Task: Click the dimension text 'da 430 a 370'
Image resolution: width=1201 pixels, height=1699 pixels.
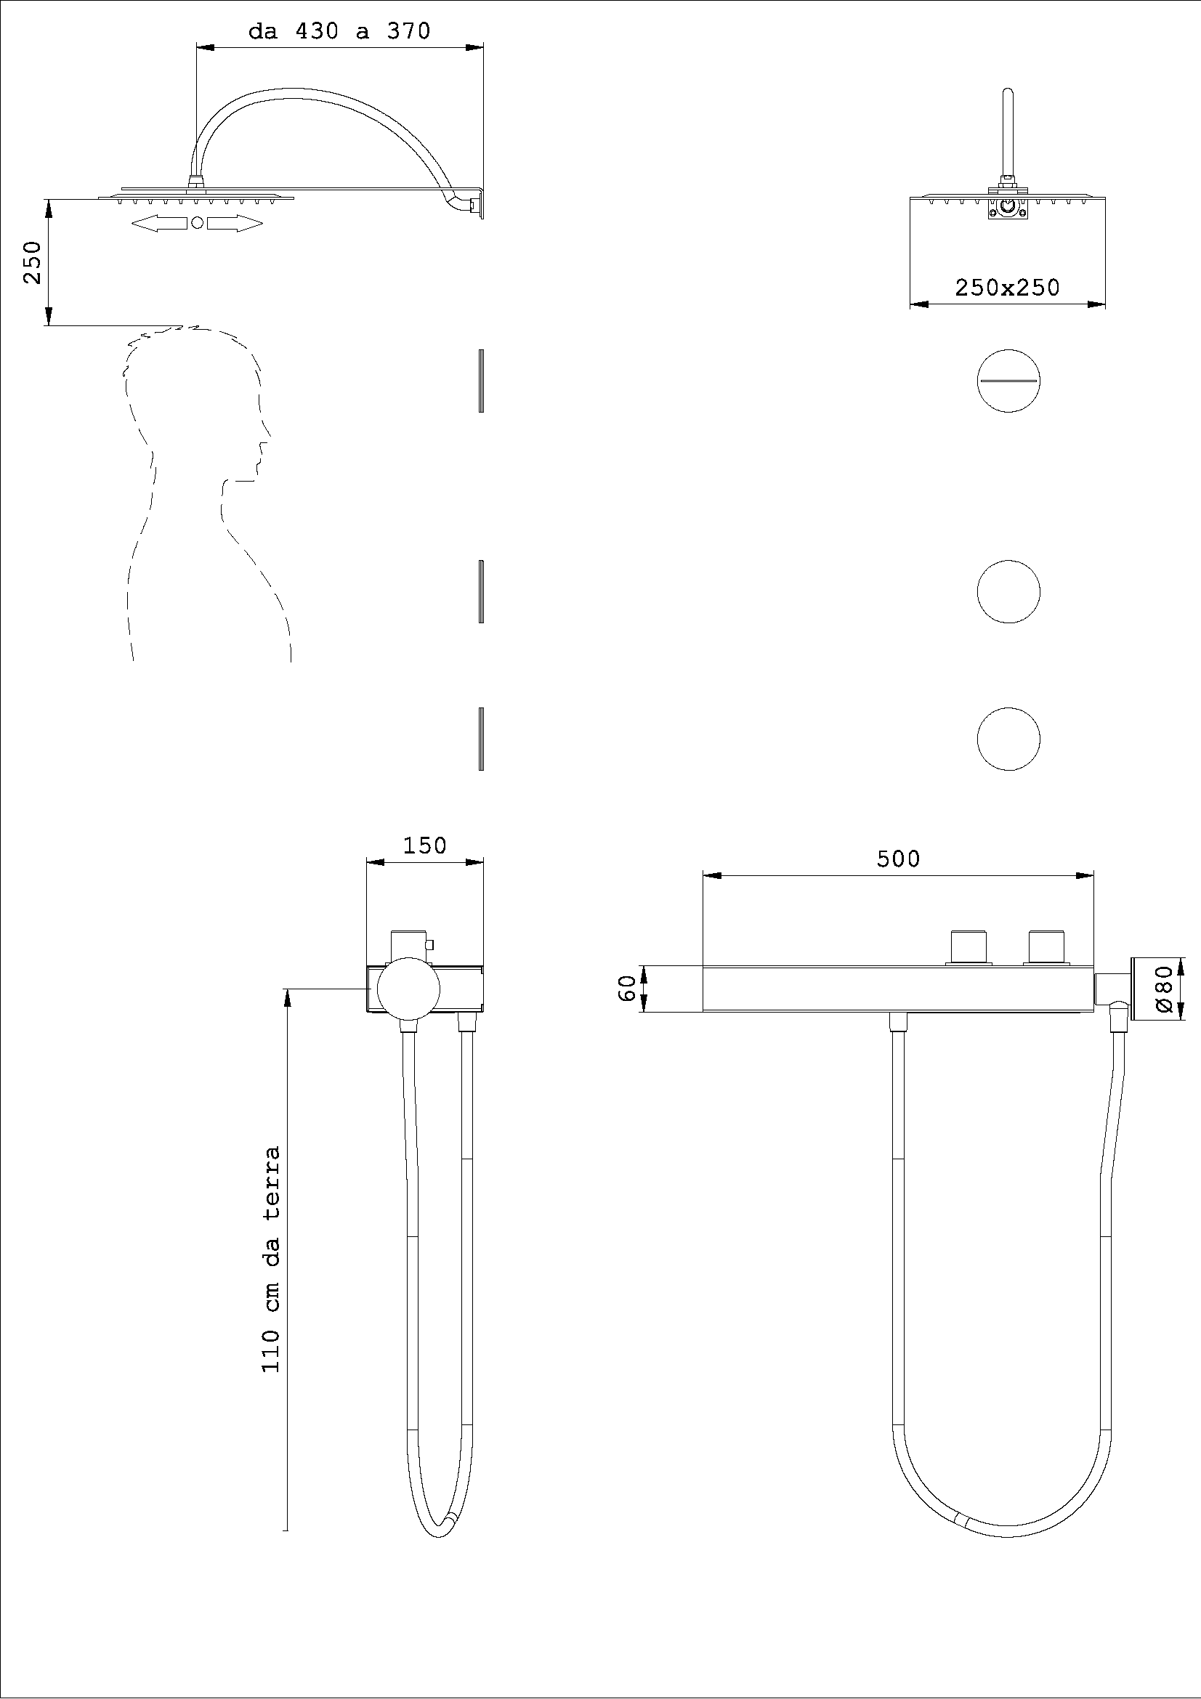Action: (x=339, y=32)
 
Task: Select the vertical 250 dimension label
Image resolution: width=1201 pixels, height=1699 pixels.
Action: (x=32, y=262)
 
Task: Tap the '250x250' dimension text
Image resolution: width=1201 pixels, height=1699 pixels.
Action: (x=1006, y=287)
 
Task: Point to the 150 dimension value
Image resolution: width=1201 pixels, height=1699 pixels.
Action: (x=424, y=845)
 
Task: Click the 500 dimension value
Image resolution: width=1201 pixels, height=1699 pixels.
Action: (x=897, y=859)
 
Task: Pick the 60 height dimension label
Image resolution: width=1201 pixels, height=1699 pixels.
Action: (x=627, y=988)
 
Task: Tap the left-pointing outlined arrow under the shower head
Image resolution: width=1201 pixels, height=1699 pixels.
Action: (x=158, y=224)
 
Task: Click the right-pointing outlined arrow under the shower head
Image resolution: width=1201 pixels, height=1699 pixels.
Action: (x=235, y=224)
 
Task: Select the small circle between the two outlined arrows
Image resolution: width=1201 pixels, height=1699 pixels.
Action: (x=197, y=223)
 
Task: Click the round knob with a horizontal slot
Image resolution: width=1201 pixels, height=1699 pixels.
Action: (x=1008, y=381)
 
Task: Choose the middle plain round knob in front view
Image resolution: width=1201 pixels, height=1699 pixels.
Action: (x=1008, y=591)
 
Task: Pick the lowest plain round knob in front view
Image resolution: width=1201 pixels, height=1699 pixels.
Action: (x=1008, y=739)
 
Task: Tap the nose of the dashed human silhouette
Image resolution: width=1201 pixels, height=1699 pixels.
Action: (x=264, y=445)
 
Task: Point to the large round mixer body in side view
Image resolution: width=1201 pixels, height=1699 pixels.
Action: (x=409, y=989)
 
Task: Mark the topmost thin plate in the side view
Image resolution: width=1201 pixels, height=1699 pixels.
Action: (x=481, y=381)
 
